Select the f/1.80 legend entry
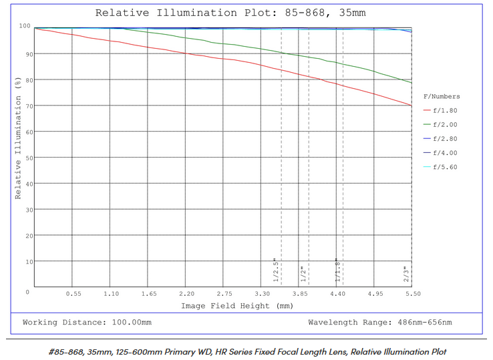[x=445, y=111]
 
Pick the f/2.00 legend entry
[x=445, y=125]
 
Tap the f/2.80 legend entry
[x=445, y=139]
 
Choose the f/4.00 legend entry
[x=445, y=153]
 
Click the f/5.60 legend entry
[x=445, y=167]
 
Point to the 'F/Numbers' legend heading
[x=442, y=97]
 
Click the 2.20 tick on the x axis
[x=186, y=294]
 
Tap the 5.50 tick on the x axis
[x=412, y=294]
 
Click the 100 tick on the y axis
[x=25, y=27]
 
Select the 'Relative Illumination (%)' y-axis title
[x=18, y=138]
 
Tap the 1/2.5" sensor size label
[x=276, y=270]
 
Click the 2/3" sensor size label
[x=406, y=274]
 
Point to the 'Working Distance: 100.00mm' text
[x=87, y=323]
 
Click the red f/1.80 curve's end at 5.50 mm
[x=412, y=105]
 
